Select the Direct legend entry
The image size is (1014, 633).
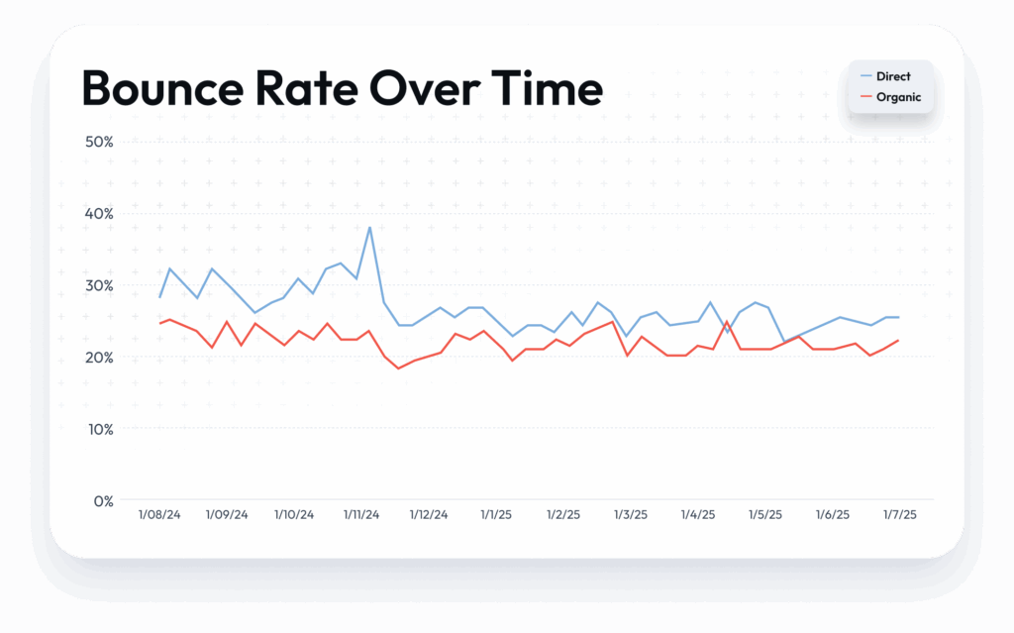[892, 76]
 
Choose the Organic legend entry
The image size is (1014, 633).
[898, 97]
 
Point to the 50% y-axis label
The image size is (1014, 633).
[98, 142]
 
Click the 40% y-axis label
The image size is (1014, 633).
[98, 214]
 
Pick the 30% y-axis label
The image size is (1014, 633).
[98, 285]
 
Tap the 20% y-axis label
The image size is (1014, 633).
[98, 358]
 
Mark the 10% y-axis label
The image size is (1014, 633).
[98, 429]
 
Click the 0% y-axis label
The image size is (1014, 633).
[102, 501]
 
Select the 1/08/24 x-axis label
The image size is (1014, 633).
[159, 515]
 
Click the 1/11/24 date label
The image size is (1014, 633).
[361, 515]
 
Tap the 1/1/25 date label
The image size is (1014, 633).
[496, 515]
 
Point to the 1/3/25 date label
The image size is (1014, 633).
[631, 515]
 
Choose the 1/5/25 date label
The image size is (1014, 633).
[764, 515]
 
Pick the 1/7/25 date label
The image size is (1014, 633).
[899, 515]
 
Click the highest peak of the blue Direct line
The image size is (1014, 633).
[369, 228]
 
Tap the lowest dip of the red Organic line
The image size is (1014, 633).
[398, 369]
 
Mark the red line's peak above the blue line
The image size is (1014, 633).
[728, 322]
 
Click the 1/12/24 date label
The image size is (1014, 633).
[429, 515]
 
